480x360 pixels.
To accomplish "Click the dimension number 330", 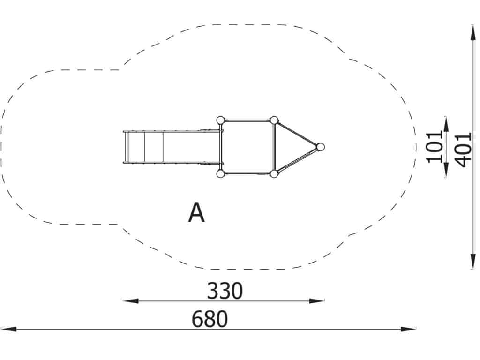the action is (225, 291).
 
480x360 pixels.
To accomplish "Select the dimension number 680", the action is (210, 319).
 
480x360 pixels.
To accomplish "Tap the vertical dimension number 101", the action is (435, 147).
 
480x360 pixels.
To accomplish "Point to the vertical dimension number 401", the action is (462, 150).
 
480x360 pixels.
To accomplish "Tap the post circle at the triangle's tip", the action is (320, 147).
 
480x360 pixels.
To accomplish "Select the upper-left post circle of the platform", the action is (220, 120).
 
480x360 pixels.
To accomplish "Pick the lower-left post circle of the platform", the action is (220, 174).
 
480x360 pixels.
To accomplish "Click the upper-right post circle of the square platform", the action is (274, 120).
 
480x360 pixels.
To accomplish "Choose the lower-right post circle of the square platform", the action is (274, 174).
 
